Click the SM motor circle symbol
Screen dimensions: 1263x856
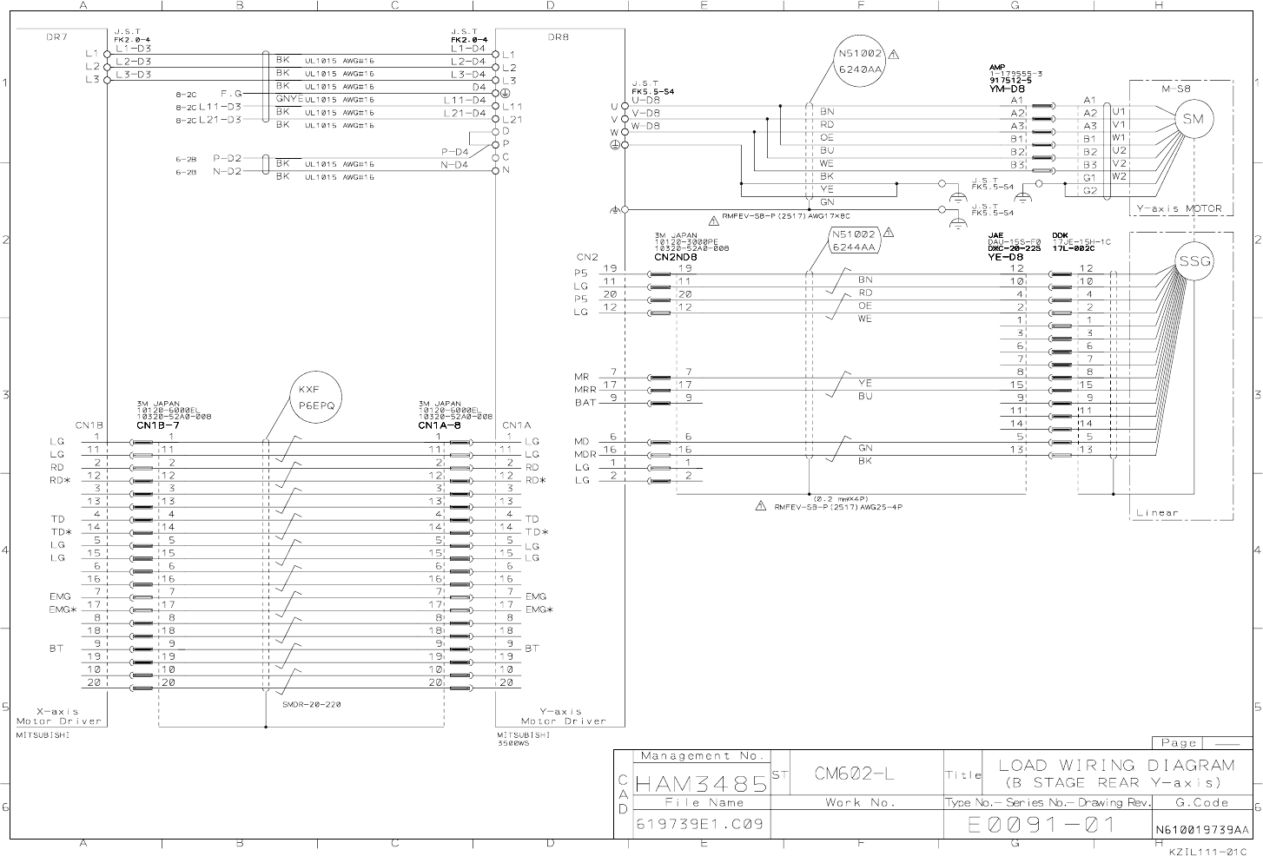coord(1193,119)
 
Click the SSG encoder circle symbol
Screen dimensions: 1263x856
coord(1194,260)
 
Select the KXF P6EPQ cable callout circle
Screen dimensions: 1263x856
coord(316,398)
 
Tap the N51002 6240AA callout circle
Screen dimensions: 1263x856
coord(859,61)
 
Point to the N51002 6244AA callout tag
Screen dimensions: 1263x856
coord(855,240)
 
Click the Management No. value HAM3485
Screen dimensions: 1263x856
coord(702,784)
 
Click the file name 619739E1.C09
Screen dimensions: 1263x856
coord(700,824)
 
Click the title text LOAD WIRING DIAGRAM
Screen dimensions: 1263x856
coord(1116,765)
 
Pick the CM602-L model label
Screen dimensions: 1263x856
coord(856,773)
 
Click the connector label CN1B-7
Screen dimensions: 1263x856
coord(157,426)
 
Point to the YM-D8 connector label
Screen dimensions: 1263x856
coord(1006,89)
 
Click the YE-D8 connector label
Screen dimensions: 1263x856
coord(1005,257)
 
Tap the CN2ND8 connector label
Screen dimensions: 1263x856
coord(678,257)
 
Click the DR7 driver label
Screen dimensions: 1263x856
coord(56,37)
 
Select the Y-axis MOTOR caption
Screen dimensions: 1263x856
coord(1180,208)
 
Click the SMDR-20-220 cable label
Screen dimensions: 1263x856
coord(311,704)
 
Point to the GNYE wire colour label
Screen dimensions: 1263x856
coord(288,99)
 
